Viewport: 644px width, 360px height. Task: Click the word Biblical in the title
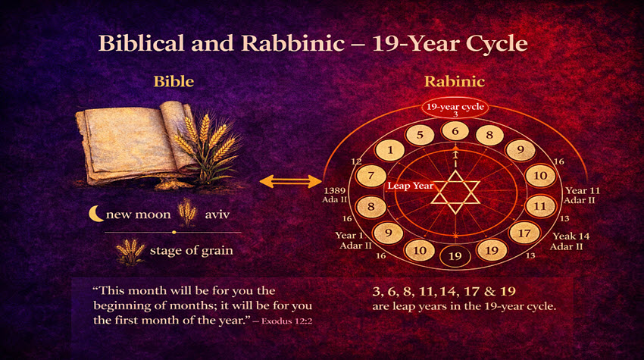click(x=141, y=43)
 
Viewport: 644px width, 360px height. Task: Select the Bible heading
click(x=174, y=81)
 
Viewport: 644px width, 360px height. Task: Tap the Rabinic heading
click(x=455, y=81)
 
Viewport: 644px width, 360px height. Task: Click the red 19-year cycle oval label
click(x=455, y=108)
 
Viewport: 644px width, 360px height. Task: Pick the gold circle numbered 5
click(x=420, y=135)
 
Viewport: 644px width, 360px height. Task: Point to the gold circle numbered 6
click(x=455, y=132)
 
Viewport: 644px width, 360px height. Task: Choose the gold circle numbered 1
click(x=390, y=150)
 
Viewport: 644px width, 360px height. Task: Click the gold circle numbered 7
click(x=371, y=176)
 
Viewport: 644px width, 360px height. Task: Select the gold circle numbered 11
click(x=539, y=206)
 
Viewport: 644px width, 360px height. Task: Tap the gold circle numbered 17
click(x=524, y=233)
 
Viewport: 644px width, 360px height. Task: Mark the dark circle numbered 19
click(x=455, y=256)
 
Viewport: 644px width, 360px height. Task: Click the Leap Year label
click(x=411, y=186)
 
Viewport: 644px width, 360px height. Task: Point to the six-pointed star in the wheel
click(x=455, y=193)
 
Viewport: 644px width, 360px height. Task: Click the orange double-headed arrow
click(x=291, y=181)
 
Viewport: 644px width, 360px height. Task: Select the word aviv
click(x=217, y=214)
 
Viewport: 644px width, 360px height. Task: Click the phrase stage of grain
click(x=192, y=251)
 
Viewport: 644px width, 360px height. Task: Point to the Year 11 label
click(x=583, y=191)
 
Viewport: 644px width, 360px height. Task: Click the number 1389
click(x=335, y=191)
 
